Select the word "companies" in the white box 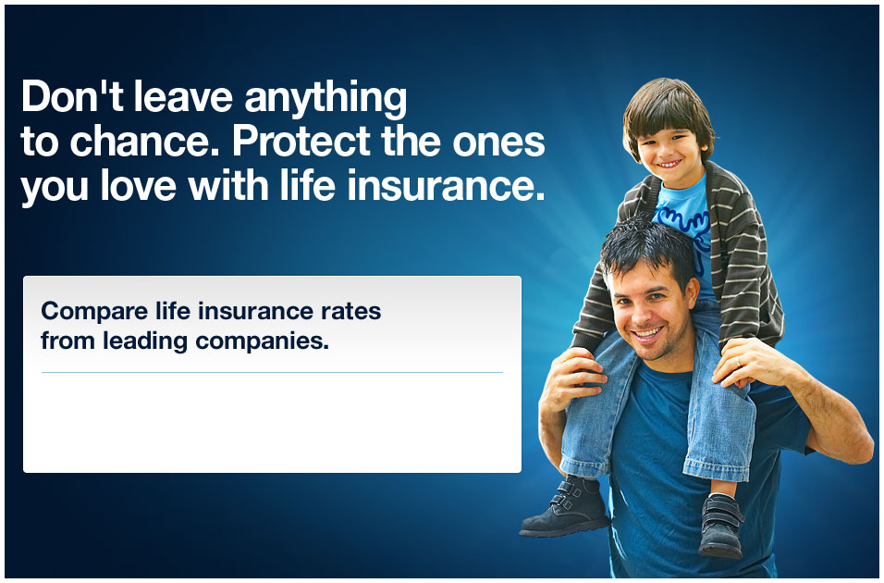pyautogui.click(x=260, y=341)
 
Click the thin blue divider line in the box pyautogui.click(x=272, y=373)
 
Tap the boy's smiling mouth pyautogui.click(x=669, y=167)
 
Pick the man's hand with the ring pyautogui.click(x=755, y=362)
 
